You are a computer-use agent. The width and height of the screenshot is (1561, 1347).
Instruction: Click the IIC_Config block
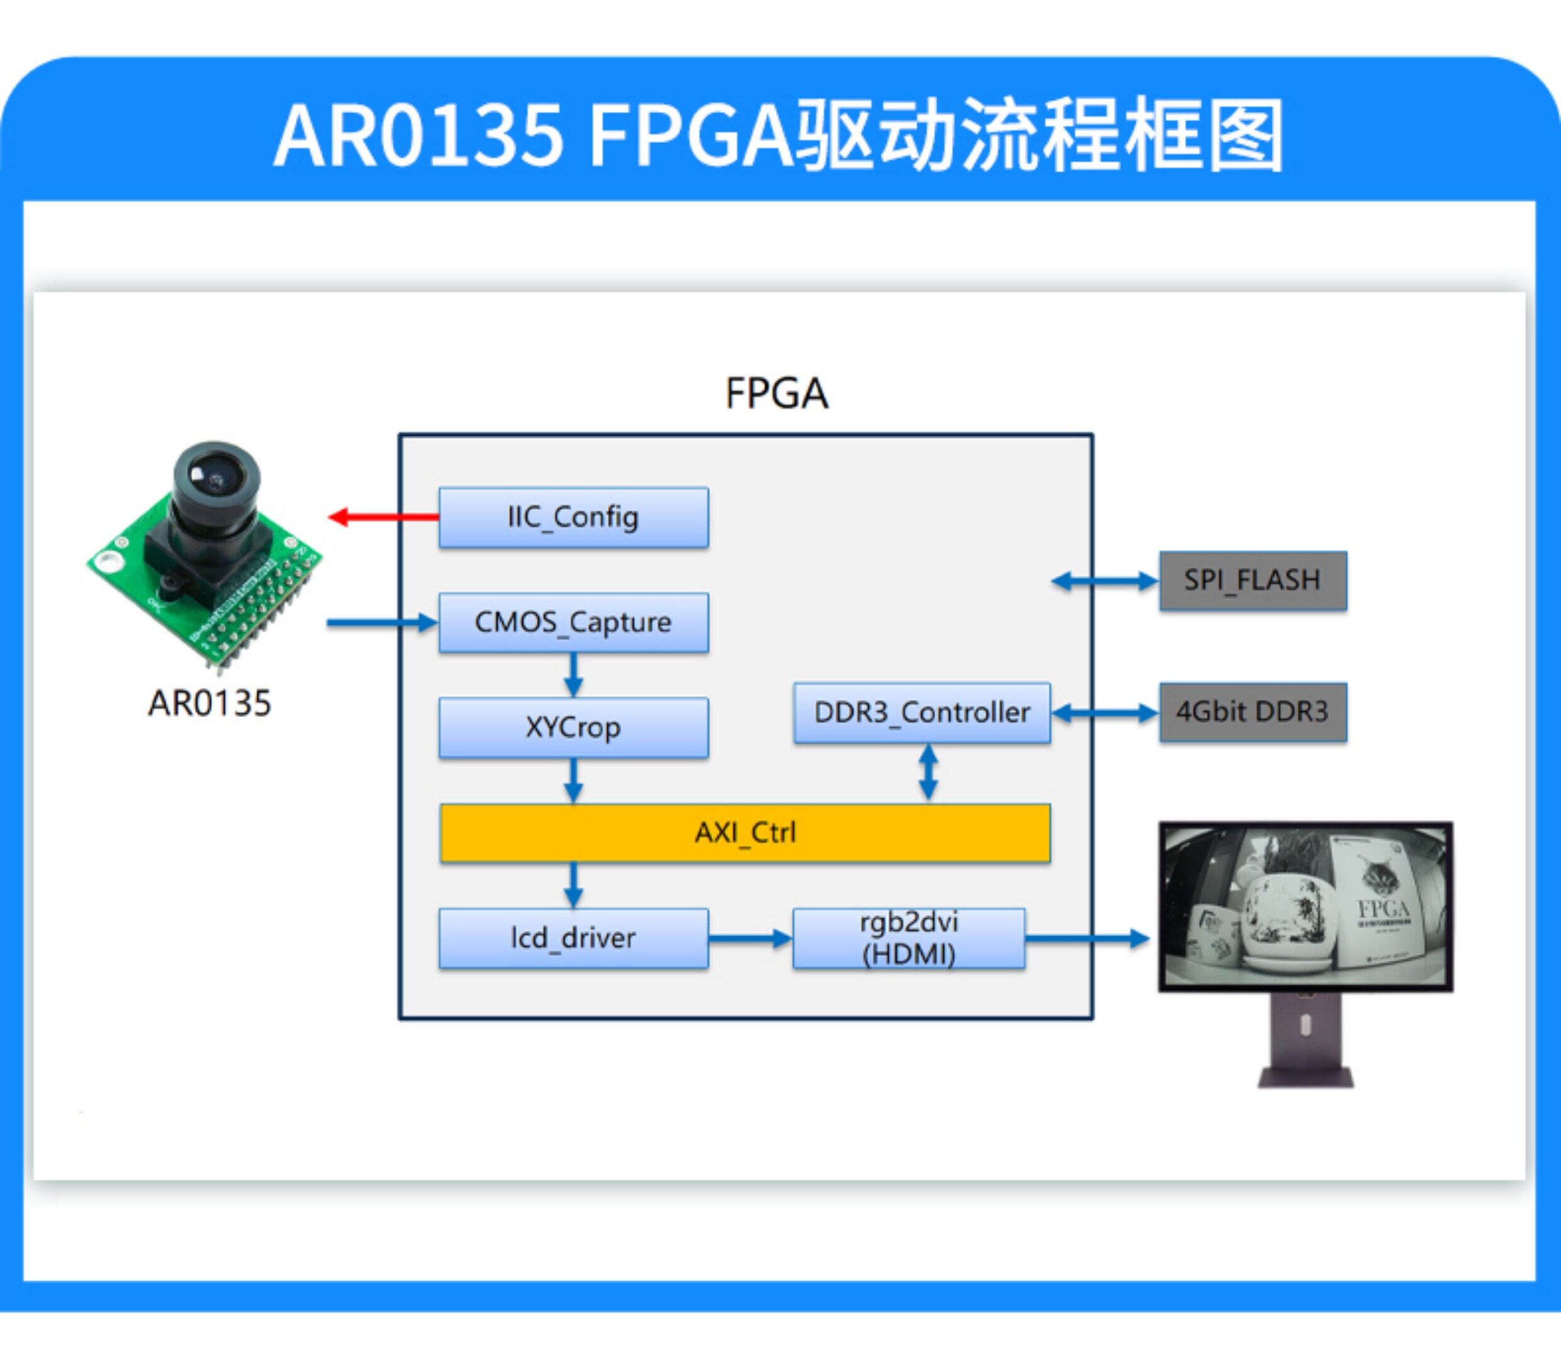point(573,517)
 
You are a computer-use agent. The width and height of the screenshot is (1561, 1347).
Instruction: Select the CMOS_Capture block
point(573,623)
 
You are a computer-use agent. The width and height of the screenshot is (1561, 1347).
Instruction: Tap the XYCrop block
point(573,727)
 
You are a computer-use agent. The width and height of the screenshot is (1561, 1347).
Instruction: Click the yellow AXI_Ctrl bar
point(745,833)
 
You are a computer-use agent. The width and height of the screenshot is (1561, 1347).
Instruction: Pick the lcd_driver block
point(573,938)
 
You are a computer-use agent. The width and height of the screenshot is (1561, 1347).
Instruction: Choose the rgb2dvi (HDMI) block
point(908,938)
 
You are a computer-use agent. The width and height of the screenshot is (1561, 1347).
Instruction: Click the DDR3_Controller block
point(922,713)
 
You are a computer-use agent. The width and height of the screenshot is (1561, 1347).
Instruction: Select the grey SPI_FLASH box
point(1253,581)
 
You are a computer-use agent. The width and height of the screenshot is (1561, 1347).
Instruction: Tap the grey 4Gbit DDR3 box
point(1253,713)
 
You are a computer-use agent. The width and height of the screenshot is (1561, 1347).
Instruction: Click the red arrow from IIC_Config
point(383,517)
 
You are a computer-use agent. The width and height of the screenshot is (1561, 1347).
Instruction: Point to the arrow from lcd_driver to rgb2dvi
point(750,938)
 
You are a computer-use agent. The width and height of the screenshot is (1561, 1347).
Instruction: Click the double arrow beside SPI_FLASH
point(1105,581)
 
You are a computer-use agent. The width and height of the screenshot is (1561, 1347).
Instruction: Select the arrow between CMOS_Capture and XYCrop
point(573,675)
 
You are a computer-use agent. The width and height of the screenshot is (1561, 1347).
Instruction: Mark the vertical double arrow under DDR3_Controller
point(929,773)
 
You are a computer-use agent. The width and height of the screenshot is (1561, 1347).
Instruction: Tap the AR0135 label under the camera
point(210,704)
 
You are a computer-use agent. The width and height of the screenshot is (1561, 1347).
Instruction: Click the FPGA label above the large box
point(777,393)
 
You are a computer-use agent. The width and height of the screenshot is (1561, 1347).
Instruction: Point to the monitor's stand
point(1305,1040)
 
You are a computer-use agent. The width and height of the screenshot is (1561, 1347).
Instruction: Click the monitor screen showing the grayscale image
point(1305,907)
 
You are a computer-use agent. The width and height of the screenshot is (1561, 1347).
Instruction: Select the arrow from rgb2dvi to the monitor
point(1087,938)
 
